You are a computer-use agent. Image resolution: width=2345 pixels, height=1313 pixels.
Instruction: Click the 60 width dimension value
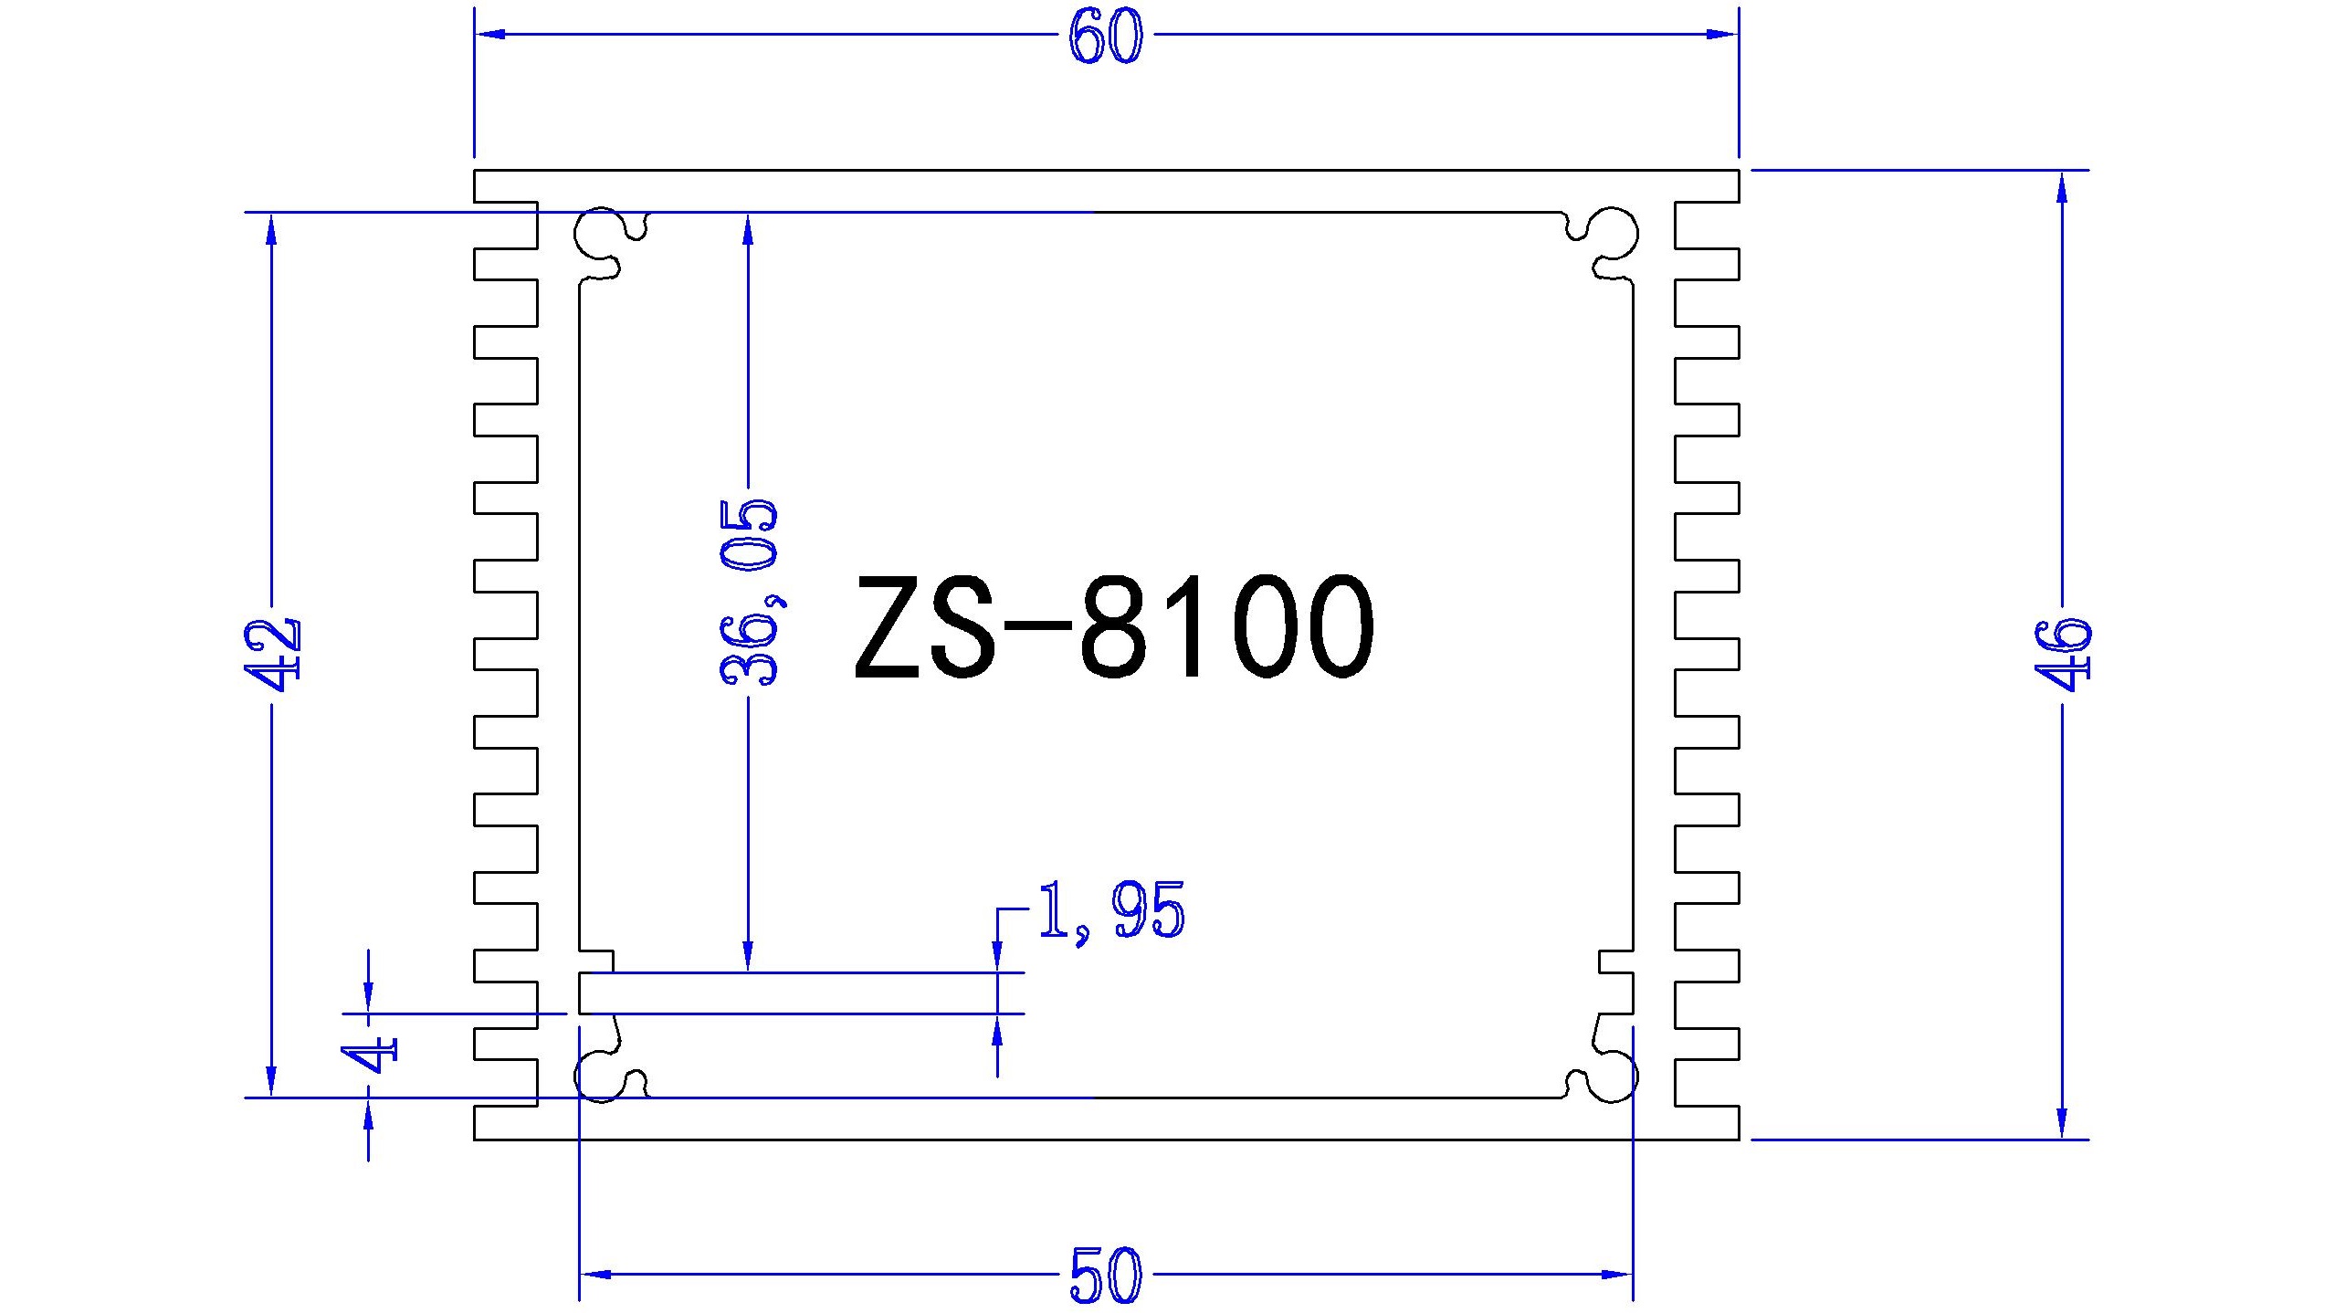1105,38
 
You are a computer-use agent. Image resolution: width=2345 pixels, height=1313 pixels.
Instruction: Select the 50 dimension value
1105,1276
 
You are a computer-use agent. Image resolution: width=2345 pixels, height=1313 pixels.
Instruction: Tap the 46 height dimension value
2062,655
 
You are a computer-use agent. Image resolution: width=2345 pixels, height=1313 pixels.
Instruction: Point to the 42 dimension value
272,655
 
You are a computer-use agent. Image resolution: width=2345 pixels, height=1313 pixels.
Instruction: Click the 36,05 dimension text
749,593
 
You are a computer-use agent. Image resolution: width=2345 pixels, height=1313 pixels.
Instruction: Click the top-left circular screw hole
599,235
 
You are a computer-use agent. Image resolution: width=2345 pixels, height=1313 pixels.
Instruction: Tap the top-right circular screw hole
1613,235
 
